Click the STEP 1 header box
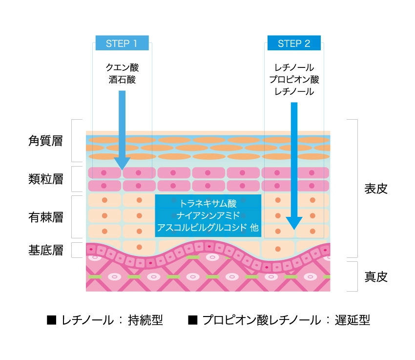coord(122,43)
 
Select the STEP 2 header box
coord(294,43)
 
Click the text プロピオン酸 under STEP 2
coord(294,79)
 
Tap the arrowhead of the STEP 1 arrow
coord(122,163)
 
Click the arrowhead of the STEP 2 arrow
coord(294,223)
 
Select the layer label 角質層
coord(46,141)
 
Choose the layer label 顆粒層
coord(46,179)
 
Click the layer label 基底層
coord(46,251)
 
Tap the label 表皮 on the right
coord(376,189)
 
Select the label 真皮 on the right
coord(376,277)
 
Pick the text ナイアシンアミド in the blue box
coord(208,215)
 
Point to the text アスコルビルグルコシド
coord(201,228)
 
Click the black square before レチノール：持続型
coord(50,320)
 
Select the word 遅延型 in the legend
coord(353,320)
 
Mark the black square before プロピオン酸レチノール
coord(192,320)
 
